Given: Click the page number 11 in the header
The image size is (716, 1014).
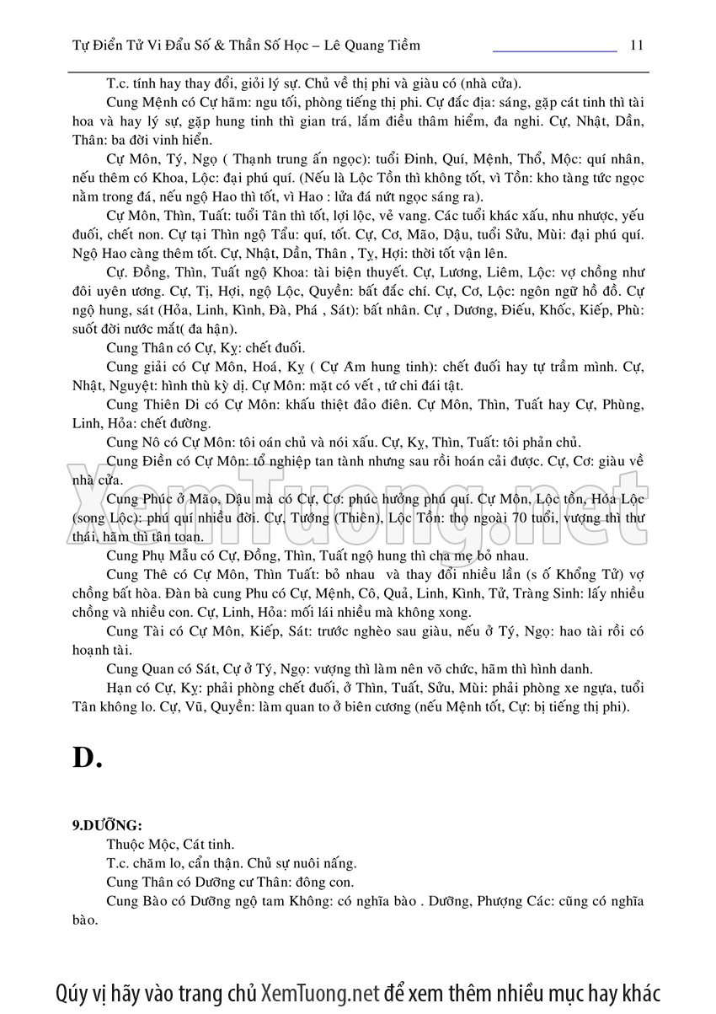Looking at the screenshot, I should tap(636, 45).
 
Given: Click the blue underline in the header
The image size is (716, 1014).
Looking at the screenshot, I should tap(554, 51).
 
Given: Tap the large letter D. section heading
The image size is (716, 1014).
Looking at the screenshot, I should tap(87, 758).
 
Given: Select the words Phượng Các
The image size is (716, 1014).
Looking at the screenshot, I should tap(511, 902).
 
